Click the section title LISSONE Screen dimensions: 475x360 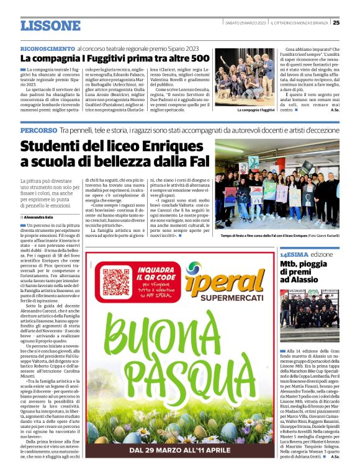click(50, 25)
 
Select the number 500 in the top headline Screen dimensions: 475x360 click(199, 58)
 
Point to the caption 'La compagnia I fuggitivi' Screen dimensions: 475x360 click(256, 110)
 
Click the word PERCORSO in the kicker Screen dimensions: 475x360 click(38, 131)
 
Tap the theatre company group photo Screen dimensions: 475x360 click(255, 78)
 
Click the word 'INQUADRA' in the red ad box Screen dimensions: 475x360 click(160, 270)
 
